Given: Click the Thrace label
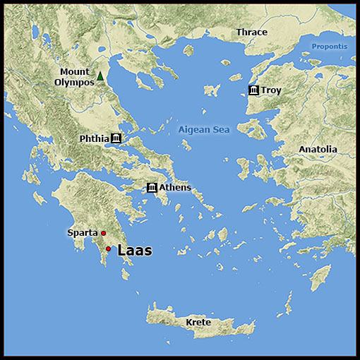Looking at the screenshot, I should (x=251, y=32).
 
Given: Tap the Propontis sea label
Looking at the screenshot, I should (x=330, y=47).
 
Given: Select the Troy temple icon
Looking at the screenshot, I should (x=253, y=90).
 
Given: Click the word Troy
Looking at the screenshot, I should (x=271, y=90).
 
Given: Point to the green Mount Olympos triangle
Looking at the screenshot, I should (x=100, y=76).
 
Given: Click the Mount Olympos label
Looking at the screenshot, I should (x=74, y=77).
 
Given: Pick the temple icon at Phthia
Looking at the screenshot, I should (x=116, y=138).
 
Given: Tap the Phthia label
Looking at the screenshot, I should (x=94, y=138).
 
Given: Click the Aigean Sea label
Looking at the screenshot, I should (x=203, y=130).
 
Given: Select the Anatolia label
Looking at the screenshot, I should (x=318, y=150).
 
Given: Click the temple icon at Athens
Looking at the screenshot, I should (x=152, y=187).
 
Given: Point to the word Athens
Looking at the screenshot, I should (x=175, y=187).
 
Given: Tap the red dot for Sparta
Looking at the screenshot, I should (x=103, y=233).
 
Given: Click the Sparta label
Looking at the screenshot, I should (x=82, y=233).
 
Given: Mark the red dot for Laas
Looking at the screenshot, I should (x=108, y=248).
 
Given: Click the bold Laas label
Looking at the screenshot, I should (x=134, y=250).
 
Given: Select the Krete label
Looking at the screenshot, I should (x=198, y=323).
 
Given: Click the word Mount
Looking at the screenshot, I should (x=74, y=71).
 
